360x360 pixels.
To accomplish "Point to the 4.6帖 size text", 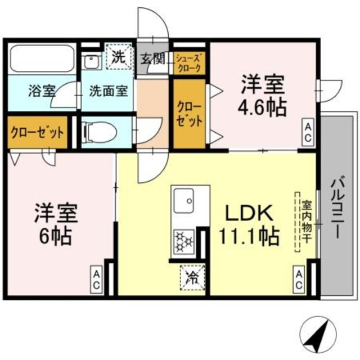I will pos(263,106).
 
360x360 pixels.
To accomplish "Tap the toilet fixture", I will pos(101,132).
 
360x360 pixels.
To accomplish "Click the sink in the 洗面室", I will pos(91,61).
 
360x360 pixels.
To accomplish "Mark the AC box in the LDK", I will pos(299,280).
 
